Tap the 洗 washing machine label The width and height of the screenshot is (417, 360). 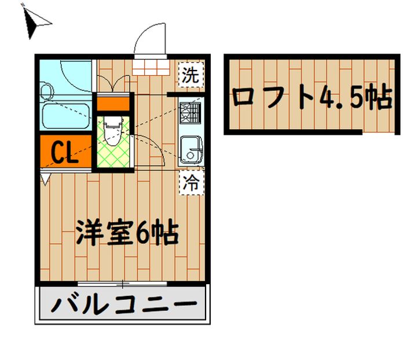click(x=191, y=74)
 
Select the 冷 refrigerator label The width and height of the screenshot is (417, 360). click(x=191, y=183)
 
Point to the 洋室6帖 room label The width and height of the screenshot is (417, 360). click(x=127, y=233)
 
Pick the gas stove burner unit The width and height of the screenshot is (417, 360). click(x=191, y=113)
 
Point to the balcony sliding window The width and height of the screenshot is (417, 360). click(x=122, y=284)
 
